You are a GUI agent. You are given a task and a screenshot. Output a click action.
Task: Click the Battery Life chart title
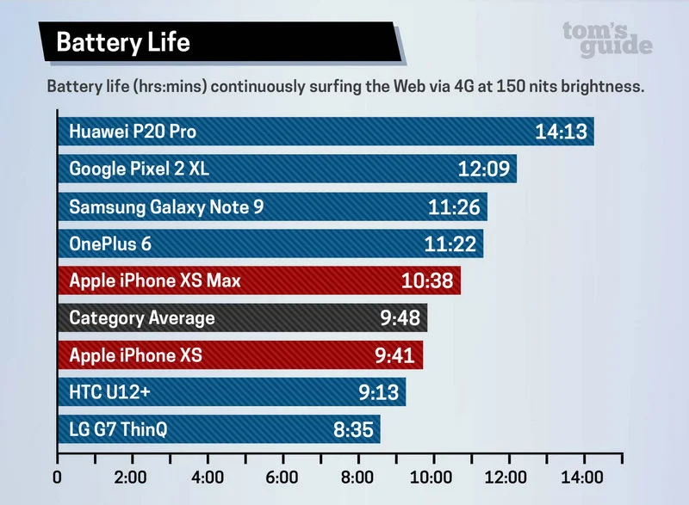(123, 42)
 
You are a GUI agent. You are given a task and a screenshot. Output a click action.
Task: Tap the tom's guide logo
(607, 39)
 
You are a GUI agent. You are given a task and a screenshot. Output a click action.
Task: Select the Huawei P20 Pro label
(133, 132)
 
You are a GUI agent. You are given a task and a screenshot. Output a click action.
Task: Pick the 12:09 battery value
(483, 169)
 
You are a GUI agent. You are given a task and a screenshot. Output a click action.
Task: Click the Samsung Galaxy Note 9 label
(165, 206)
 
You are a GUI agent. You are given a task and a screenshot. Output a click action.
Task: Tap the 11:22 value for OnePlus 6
(450, 244)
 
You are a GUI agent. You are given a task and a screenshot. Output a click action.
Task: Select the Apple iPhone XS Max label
(155, 280)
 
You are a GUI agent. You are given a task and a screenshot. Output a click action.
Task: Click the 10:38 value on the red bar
(427, 280)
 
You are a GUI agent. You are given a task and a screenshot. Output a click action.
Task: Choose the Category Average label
(142, 318)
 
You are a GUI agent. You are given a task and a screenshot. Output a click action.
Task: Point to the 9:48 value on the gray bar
(400, 318)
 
